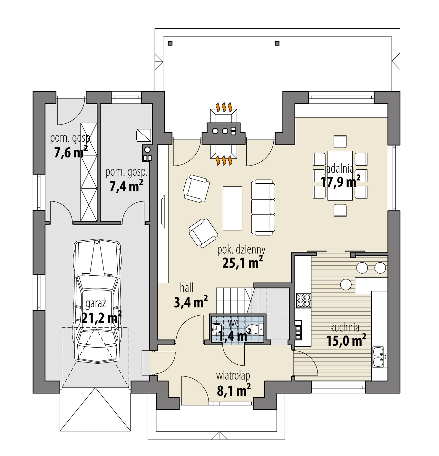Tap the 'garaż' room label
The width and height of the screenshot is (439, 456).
tap(96, 304)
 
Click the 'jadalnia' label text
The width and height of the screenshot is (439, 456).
tap(339, 168)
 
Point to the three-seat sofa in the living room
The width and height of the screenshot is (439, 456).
tap(263, 207)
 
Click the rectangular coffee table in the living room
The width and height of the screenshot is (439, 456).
tap(232, 208)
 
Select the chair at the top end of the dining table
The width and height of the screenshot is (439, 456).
tap(340, 141)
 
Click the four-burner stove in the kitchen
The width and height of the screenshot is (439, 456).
tap(303, 300)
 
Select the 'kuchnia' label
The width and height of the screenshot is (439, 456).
tap(345, 328)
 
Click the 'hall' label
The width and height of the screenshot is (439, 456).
tap(187, 287)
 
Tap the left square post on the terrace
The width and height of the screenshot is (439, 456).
tap(170, 43)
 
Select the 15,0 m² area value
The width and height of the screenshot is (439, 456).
tap(346, 340)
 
